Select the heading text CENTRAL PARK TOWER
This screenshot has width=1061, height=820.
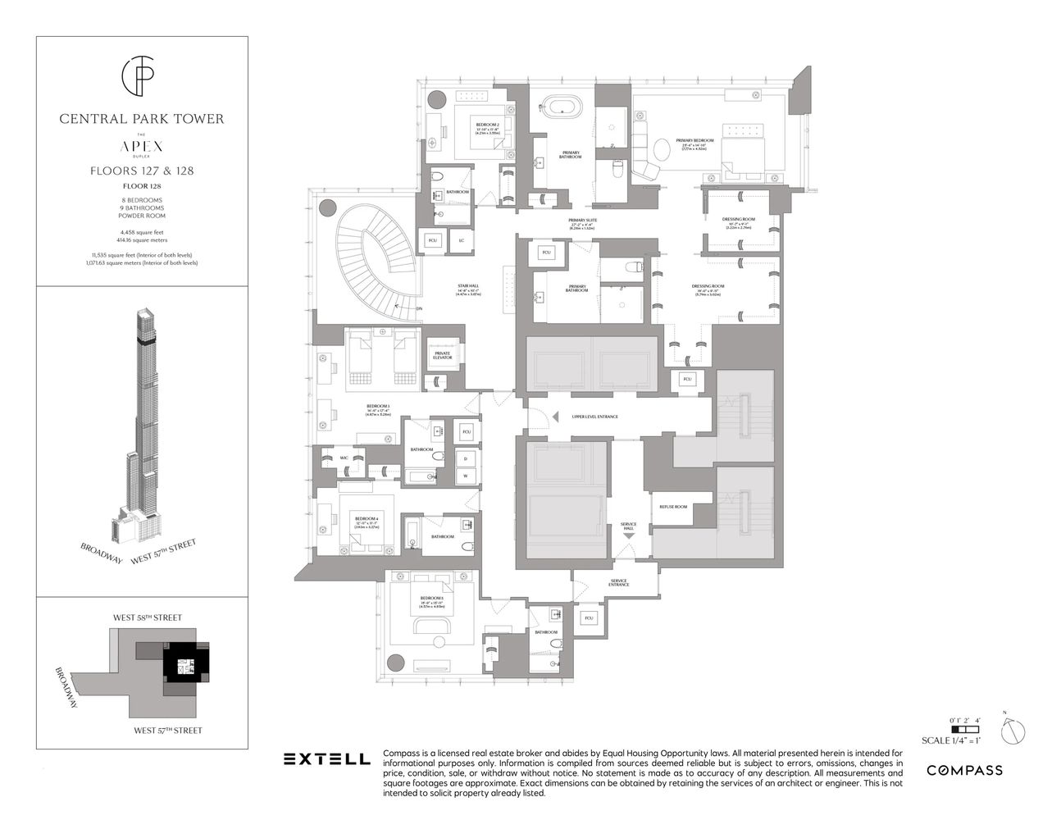(141, 119)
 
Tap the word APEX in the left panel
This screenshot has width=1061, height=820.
(141, 146)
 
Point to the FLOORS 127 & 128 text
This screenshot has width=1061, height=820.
(141, 171)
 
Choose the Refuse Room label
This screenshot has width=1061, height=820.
(673, 507)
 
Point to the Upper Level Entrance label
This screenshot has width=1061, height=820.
(594, 417)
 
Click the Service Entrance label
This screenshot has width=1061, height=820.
(618, 583)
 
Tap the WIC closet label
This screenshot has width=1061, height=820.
(344, 458)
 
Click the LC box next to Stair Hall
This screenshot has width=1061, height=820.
(462, 239)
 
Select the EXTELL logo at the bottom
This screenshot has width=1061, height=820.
(326, 759)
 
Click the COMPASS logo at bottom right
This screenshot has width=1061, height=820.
(964, 770)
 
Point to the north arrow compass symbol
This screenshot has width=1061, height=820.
(1013, 728)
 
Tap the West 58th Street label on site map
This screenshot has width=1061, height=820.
(148, 617)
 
